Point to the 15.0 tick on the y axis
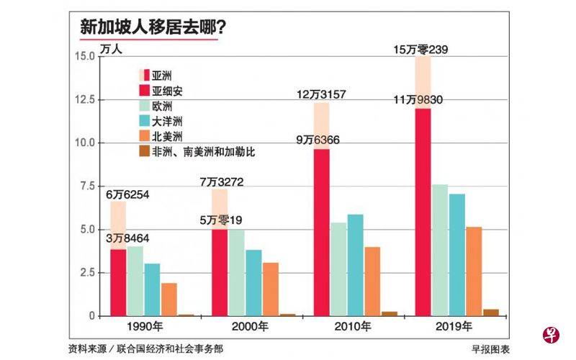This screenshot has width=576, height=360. (x=86, y=56)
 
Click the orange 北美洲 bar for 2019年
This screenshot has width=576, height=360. (x=474, y=271)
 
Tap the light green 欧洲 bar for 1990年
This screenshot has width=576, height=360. (x=135, y=281)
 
